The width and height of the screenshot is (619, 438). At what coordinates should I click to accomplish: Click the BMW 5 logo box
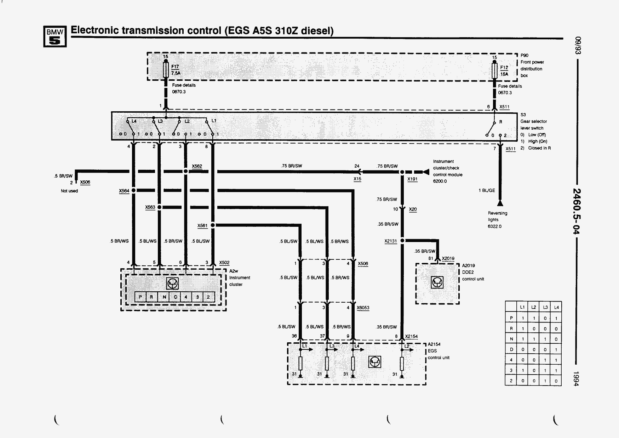click(x=55, y=36)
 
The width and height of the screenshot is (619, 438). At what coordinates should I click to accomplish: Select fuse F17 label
click(x=175, y=66)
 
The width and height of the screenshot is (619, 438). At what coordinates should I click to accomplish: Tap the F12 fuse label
click(x=504, y=67)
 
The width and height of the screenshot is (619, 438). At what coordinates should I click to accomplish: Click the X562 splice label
click(x=197, y=166)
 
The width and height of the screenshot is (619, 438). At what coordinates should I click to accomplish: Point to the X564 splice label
click(x=124, y=191)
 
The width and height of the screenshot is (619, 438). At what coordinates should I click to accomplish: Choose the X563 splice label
click(x=150, y=207)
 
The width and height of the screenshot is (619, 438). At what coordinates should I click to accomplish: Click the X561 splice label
click(x=202, y=226)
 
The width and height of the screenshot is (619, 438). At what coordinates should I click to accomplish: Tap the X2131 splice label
click(x=391, y=241)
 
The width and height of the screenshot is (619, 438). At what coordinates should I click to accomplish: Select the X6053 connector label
click(x=363, y=308)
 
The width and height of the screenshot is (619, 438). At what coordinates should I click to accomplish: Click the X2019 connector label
click(x=448, y=259)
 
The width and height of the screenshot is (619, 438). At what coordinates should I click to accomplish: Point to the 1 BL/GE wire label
click(x=487, y=191)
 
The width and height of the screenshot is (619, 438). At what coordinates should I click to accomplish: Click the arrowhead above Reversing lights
click(x=500, y=203)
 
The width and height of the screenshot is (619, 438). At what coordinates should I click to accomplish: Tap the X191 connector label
click(x=412, y=179)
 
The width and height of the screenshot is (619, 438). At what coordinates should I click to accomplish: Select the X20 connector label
click(x=413, y=209)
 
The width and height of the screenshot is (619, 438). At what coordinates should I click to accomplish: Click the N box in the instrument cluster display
click(x=164, y=297)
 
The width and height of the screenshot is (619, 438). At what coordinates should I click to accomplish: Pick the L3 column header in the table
click(x=545, y=307)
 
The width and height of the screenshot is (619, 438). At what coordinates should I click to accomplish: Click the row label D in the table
click(x=511, y=349)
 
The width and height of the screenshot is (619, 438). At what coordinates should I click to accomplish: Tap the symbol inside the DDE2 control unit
click(x=437, y=282)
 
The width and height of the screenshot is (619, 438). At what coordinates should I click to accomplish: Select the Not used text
click(x=69, y=191)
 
